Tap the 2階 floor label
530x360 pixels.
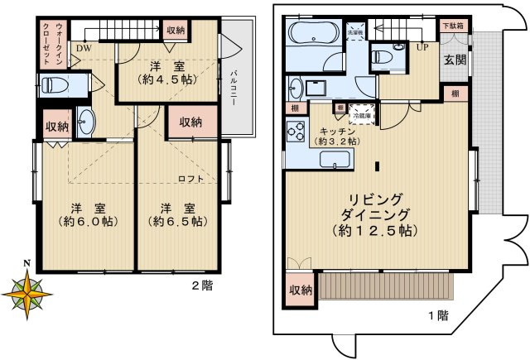[202, 286]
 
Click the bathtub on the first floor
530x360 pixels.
[311, 36]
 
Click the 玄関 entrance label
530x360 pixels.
[454, 60]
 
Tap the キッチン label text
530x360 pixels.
[338, 131]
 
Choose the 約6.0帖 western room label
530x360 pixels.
[87, 221]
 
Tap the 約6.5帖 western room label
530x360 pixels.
[177, 221]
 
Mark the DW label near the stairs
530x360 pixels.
[84, 48]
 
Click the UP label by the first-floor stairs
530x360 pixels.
[422, 47]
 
